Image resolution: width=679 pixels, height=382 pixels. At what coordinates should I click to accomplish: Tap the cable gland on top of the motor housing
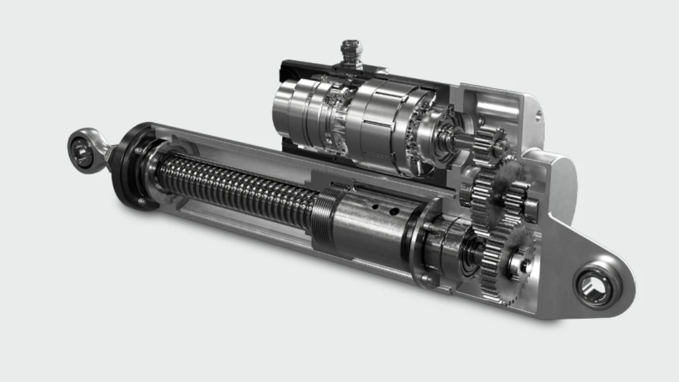click(352, 54)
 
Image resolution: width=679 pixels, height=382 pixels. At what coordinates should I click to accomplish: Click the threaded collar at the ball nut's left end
click(329, 214)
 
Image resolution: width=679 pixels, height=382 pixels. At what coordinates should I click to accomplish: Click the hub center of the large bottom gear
click(521, 263)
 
